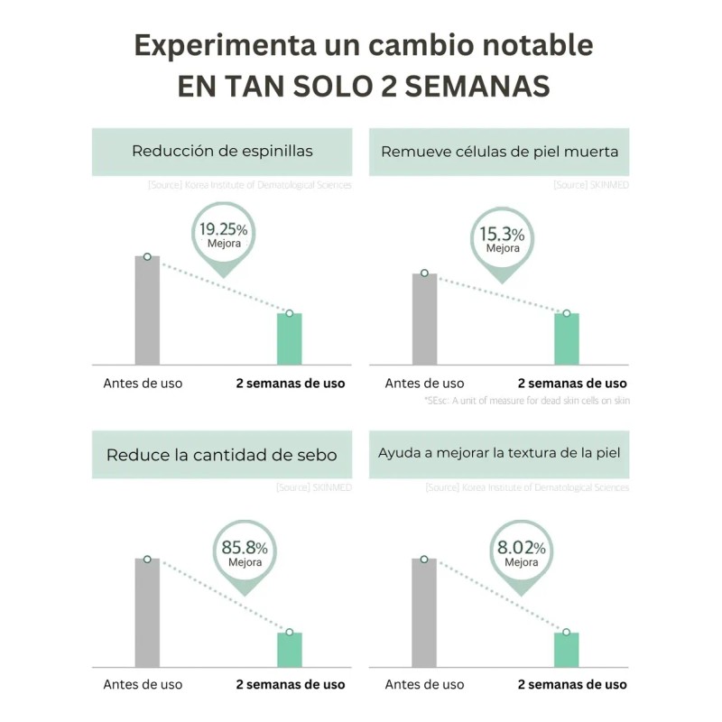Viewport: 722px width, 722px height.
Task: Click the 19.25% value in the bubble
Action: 223,228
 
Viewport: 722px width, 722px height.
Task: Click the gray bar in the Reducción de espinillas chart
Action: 147,311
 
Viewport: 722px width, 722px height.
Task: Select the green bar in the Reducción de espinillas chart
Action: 289,339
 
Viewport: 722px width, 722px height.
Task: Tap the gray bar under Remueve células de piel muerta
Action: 424,319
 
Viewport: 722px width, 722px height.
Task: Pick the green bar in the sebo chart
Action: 289,650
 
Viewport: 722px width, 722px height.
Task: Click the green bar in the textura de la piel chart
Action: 566,650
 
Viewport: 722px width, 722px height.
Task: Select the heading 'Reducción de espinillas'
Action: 222,151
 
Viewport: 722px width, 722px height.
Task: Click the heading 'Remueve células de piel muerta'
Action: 499,151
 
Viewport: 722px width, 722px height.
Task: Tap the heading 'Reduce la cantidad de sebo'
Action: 222,454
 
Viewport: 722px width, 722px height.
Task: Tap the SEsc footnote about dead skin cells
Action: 526,400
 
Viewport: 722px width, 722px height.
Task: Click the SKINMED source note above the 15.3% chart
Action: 591,185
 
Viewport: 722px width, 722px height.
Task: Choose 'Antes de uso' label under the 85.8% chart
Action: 143,684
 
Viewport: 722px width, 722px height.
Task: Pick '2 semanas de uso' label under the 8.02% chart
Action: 572,684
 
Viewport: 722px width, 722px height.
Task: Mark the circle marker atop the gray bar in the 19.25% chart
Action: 147,257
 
